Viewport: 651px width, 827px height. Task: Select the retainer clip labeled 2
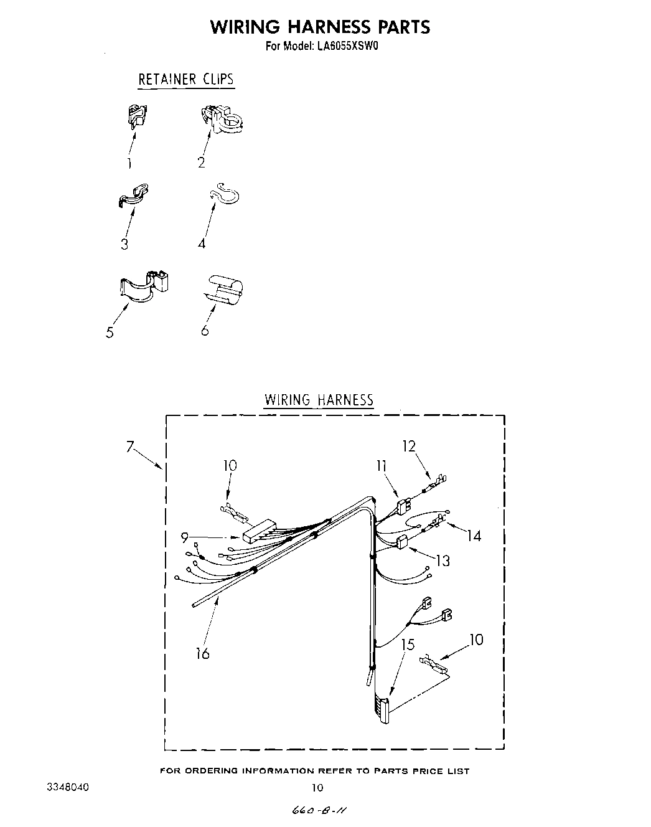[222, 119]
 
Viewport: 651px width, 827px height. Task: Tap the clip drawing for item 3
[133, 195]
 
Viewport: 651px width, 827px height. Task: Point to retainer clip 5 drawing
[144, 285]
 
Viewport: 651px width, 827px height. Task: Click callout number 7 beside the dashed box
[130, 446]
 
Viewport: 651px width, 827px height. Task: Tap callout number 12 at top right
[409, 446]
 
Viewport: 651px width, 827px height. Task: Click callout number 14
[474, 535]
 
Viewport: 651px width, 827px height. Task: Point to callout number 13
[443, 560]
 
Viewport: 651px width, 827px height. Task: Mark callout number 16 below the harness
[202, 653]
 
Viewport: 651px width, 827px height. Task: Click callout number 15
[408, 644]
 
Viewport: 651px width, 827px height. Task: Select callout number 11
[381, 465]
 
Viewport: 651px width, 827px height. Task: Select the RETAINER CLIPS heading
[185, 79]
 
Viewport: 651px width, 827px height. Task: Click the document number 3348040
[68, 787]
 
